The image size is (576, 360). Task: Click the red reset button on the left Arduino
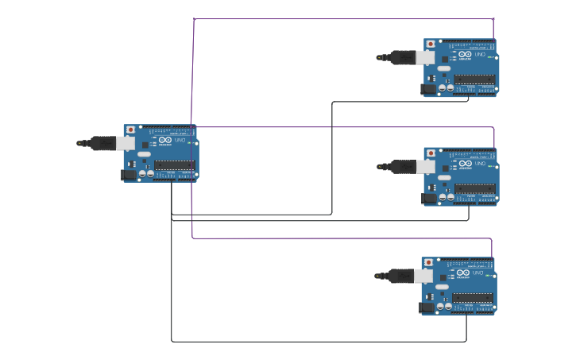[x=130, y=130]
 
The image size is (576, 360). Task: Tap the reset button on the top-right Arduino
[x=431, y=44]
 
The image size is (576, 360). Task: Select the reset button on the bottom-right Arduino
[x=428, y=262]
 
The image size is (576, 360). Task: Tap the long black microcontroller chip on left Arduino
[x=175, y=165]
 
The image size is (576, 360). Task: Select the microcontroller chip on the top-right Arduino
[x=475, y=79]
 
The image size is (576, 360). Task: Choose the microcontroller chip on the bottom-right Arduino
[x=473, y=297]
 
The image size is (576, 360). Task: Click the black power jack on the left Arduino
[x=128, y=175]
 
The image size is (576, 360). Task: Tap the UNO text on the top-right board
[x=479, y=54]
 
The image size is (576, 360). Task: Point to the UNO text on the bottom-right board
[x=477, y=273]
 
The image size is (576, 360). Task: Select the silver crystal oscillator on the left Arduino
[x=144, y=154]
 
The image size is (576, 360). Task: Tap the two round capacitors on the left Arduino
[x=146, y=173]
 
